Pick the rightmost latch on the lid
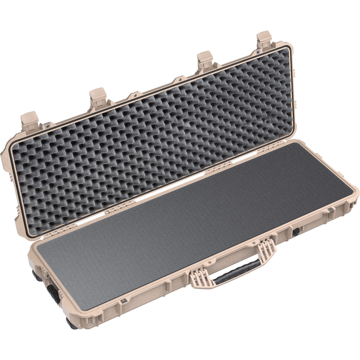[264, 40]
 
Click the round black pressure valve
[296, 231]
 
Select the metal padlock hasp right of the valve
[330, 210]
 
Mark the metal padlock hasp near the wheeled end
[123, 301]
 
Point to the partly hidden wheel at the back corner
[36, 276]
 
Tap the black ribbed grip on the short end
[54, 294]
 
